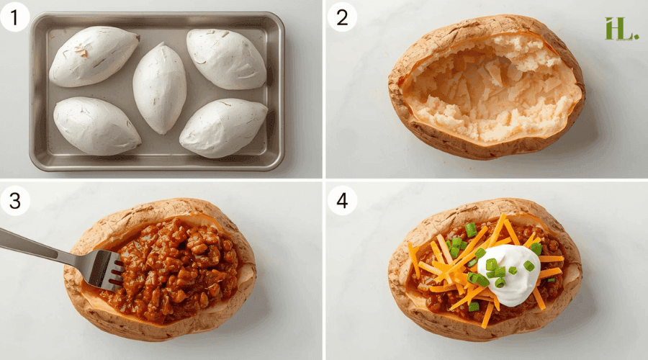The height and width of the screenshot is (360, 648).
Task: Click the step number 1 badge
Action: pos(14,17)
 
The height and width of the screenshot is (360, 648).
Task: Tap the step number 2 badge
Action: pos(342,17)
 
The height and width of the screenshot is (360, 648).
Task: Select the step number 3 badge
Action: pos(14,201)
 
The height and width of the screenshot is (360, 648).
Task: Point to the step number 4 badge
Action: pos(342,201)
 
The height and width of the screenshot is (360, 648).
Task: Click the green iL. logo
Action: pos(621,28)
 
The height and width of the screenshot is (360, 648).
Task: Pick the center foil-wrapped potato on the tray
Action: pos(159,87)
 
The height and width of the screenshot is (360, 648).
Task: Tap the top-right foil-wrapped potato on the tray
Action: pos(227,59)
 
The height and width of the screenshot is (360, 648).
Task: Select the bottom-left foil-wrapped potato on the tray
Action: pos(96,126)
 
